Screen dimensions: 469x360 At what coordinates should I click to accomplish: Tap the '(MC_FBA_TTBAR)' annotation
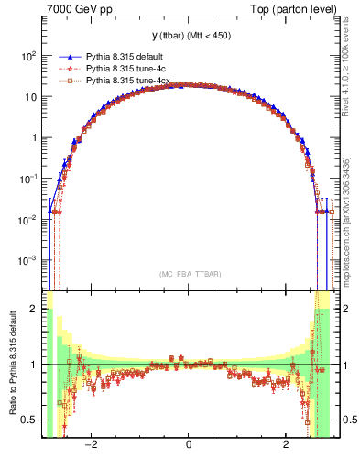tap(188, 272)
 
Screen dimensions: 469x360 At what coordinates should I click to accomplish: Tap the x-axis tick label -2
tap(91, 445)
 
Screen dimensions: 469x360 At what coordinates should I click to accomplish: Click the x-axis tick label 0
tap(189, 445)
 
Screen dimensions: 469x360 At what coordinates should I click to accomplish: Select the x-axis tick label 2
tap(286, 445)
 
